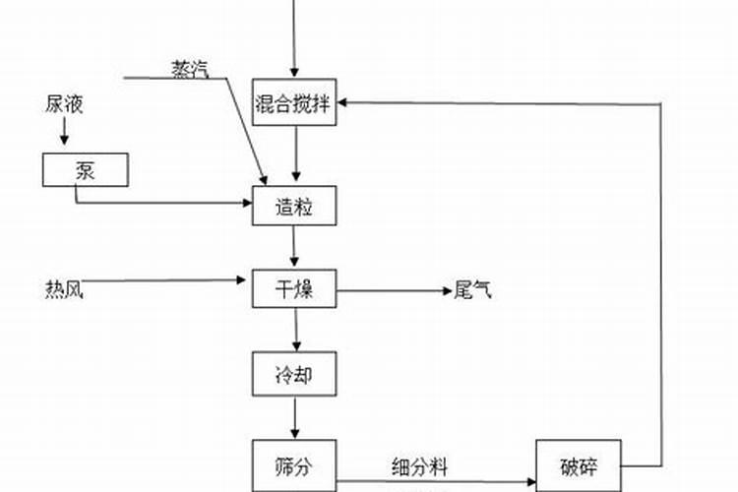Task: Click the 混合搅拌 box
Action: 294,101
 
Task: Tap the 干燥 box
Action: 294,288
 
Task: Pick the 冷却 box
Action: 294,373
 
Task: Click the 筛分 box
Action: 294,465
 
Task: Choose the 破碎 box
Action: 580,465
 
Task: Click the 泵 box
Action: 86,169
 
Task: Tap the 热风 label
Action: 64,289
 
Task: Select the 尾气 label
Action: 471,289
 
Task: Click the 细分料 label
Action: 418,468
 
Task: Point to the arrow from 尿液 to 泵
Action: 66,130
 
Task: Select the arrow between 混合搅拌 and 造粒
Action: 296,154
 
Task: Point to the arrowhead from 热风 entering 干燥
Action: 245,280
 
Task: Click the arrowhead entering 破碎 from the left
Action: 531,482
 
